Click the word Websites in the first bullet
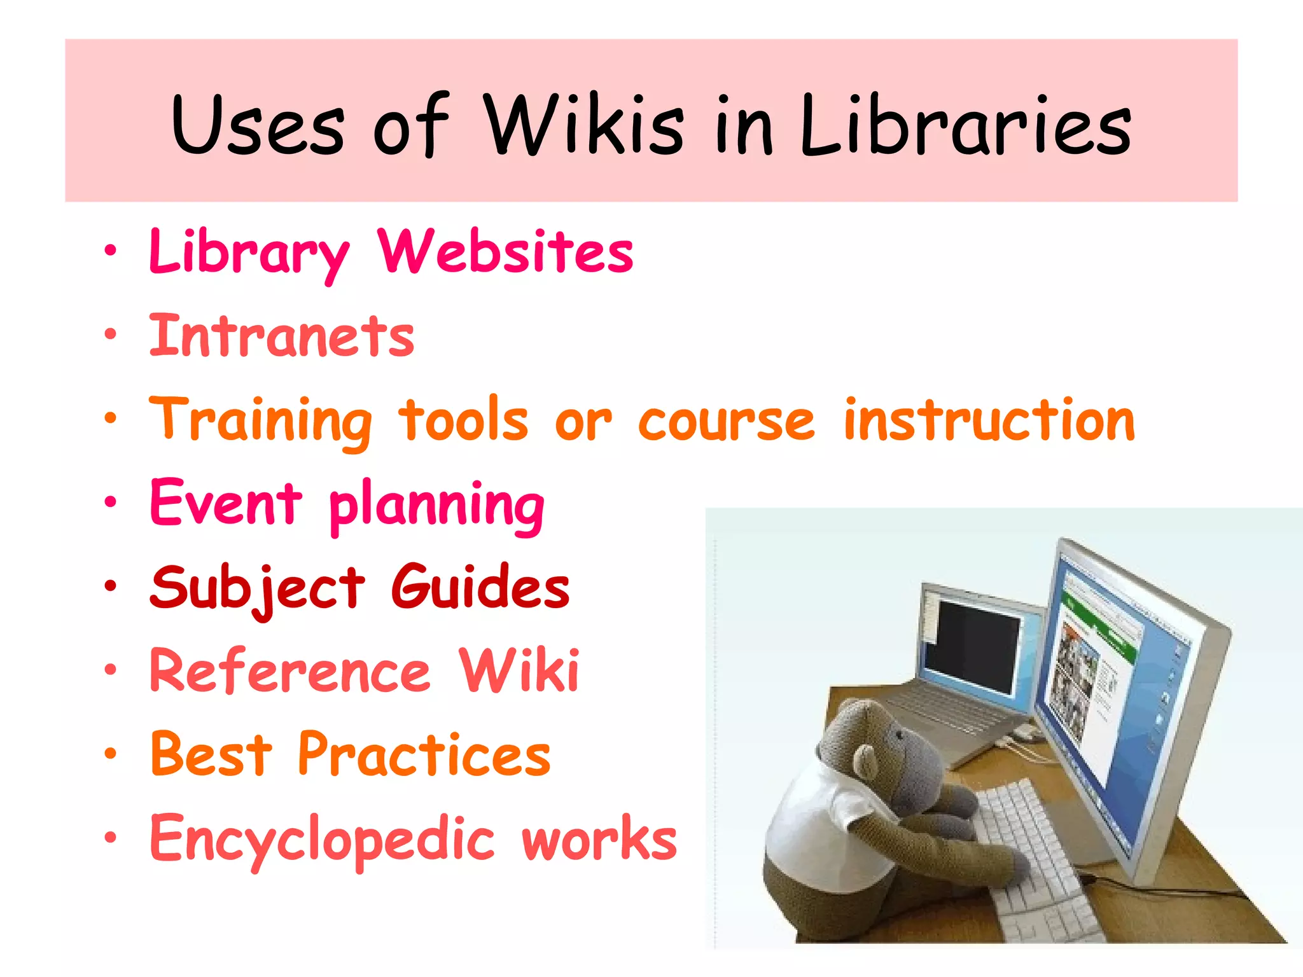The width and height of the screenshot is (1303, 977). click(x=506, y=252)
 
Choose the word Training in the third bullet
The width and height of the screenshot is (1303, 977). click(x=261, y=421)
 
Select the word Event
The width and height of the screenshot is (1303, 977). click(x=226, y=503)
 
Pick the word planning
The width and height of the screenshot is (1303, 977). click(x=437, y=507)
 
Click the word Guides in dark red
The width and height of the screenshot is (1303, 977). click(x=480, y=587)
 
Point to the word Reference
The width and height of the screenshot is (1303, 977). click(x=290, y=671)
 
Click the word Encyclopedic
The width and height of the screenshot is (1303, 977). click(x=322, y=840)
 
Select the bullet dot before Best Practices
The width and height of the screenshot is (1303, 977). click(x=111, y=754)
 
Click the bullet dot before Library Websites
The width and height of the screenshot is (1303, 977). click(x=111, y=252)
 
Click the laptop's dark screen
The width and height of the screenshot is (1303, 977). click(x=970, y=646)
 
